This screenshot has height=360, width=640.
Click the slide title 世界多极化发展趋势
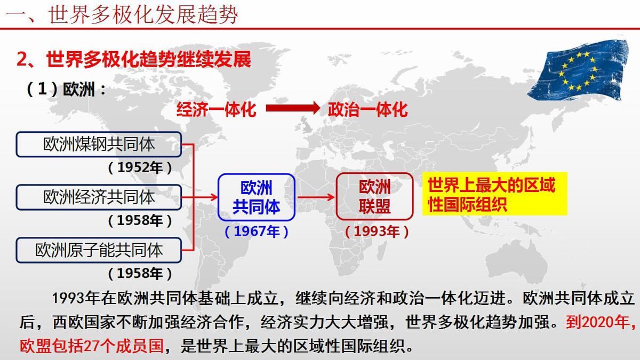tap(143, 14)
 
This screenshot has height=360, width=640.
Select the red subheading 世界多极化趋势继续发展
tap(133, 59)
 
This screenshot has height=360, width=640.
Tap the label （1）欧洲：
tap(66, 89)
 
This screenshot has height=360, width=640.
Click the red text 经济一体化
tap(216, 109)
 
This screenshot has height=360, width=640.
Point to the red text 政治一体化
tap(367, 109)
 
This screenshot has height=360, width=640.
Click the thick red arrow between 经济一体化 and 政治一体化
tap(292, 108)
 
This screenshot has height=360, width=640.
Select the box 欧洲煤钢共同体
tap(99, 144)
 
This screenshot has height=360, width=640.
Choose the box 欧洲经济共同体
tap(99, 197)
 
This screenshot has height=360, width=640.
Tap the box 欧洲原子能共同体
tap(99, 250)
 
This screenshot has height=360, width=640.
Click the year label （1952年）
tap(140, 168)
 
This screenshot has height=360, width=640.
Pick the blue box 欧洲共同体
tap(256, 197)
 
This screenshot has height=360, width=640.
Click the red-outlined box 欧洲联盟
tap(374, 197)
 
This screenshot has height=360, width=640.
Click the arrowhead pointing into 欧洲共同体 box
tap(213, 197)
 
